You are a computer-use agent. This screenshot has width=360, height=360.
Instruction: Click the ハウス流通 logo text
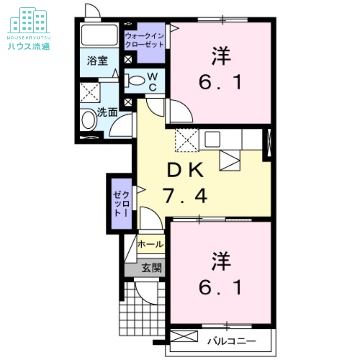pyautogui.click(x=29, y=46)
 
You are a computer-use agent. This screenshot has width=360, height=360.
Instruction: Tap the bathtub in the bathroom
pyautogui.click(x=99, y=35)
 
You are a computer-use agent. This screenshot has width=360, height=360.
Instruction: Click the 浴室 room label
pyautogui.click(x=97, y=61)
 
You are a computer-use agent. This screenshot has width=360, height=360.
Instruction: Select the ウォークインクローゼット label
pyautogui.click(x=144, y=40)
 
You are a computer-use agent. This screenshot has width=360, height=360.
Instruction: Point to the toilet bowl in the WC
pyautogui.click(x=136, y=81)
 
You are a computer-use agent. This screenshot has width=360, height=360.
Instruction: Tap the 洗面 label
pyautogui.click(x=108, y=112)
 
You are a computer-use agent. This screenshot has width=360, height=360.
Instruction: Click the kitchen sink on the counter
pyautogui.click(x=212, y=139)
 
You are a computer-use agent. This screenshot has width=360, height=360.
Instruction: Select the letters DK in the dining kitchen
pyautogui.click(x=185, y=170)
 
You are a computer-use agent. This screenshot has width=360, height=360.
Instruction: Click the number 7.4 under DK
pyautogui.click(x=185, y=196)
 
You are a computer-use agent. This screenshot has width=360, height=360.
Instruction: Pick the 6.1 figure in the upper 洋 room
pyautogui.click(x=220, y=82)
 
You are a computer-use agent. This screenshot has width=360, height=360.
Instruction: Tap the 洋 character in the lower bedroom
pyautogui.click(x=221, y=261)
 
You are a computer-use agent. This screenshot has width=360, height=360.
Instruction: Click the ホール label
pyautogui.click(x=151, y=244)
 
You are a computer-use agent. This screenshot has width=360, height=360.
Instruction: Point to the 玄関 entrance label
pyautogui.click(x=152, y=268)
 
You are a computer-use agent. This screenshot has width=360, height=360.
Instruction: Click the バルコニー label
pyautogui.click(x=231, y=341)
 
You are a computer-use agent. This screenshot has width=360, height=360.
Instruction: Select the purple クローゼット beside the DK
pyautogui.click(x=121, y=203)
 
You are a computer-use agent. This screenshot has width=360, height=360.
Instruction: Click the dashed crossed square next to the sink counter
pyautogui.click(x=187, y=140)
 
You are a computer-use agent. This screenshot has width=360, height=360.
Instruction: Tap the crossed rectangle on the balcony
pyautogui.click(x=184, y=336)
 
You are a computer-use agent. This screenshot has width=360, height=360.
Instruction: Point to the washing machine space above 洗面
pyautogui.click(x=90, y=93)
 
